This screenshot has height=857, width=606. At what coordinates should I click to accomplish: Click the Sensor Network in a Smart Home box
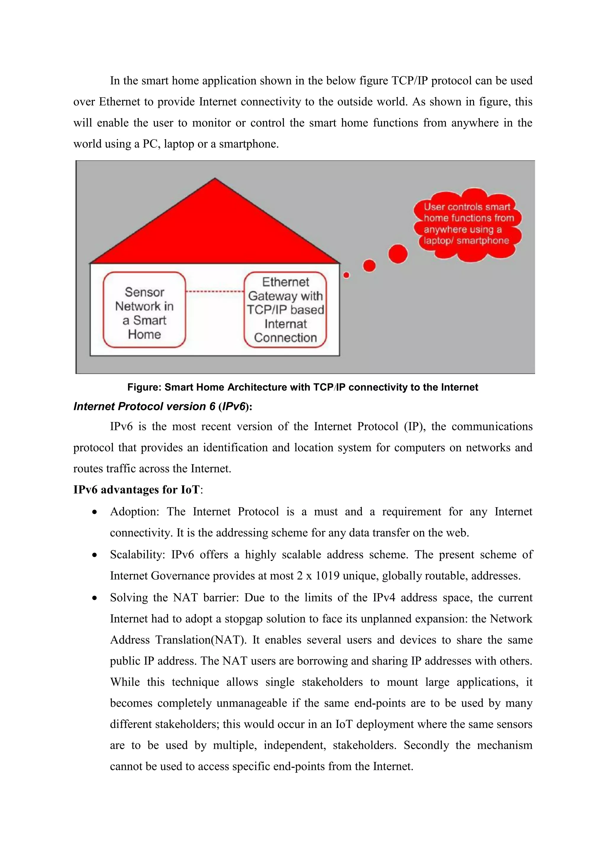(144, 310)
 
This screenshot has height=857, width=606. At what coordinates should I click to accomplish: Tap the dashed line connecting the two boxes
(215, 291)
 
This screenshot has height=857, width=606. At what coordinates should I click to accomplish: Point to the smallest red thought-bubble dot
(346, 275)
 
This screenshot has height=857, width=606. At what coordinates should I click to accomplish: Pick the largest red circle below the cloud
(398, 254)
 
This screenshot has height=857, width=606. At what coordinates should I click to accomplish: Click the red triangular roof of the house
(215, 231)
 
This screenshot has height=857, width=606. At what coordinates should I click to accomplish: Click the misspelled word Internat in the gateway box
(286, 324)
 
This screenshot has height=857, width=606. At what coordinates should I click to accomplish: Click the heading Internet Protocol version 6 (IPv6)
(163, 406)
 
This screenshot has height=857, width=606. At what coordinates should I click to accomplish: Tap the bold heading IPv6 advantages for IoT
(137, 489)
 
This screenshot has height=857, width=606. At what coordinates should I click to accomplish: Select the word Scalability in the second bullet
(137, 555)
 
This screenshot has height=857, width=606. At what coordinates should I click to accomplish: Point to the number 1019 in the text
(327, 576)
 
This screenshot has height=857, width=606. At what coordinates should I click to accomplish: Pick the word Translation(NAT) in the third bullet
(201, 640)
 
